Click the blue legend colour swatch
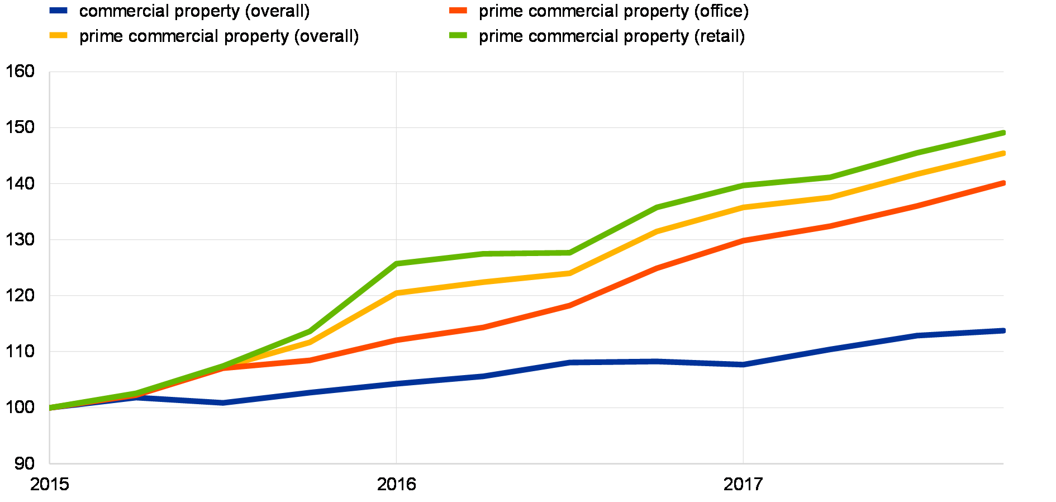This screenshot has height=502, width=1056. (x=58, y=10)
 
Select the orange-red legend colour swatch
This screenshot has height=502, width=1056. (x=458, y=10)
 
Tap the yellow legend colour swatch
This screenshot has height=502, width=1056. (x=58, y=35)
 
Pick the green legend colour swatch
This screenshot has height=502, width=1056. (x=458, y=35)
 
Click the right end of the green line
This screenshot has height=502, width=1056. (x=1003, y=132)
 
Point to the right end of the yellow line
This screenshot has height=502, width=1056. (x=1003, y=153)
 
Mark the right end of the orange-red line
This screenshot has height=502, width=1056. (x=1003, y=183)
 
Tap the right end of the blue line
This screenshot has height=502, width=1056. (x=1003, y=331)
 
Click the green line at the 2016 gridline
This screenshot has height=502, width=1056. (x=396, y=263)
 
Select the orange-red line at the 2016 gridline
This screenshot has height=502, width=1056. (x=396, y=340)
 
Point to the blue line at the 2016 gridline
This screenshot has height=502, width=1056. (x=396, y=383)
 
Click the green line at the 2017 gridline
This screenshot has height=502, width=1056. (x=743, y=185)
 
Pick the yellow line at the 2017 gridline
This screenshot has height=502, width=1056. (x=743, y=207)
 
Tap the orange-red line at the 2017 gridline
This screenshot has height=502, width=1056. (x=743, y=240)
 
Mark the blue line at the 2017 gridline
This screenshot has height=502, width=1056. (x=743, y=364)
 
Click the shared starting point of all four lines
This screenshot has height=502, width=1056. (x=50, y=408)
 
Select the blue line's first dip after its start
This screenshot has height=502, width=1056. (x=223, y=402)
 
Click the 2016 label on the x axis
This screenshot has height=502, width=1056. (x=396, y=483)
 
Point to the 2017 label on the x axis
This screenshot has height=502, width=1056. (x=743, y=483)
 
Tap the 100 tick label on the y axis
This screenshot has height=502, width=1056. (x=23, y=408)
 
